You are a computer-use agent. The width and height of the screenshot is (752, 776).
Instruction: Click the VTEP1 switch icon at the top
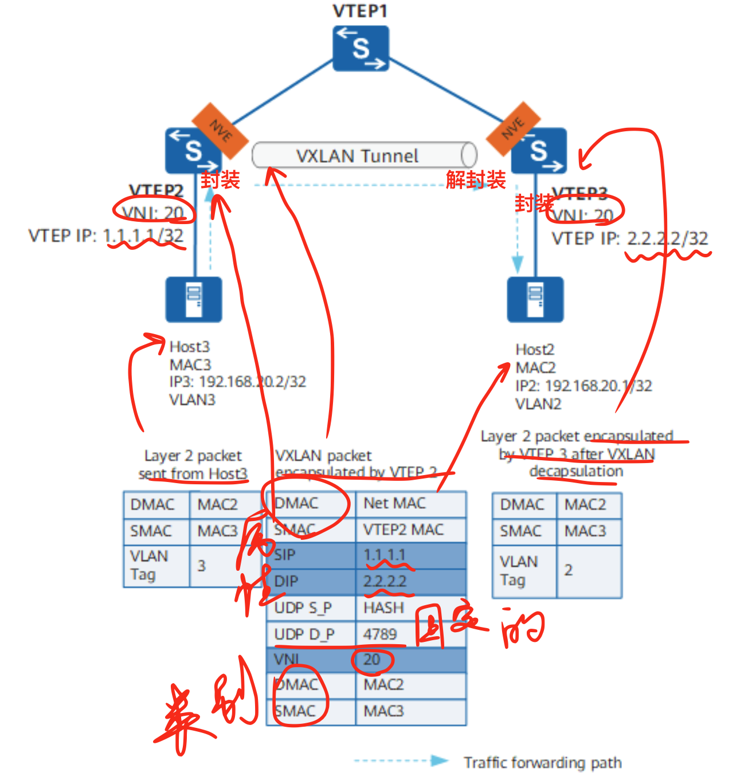click(x=361, y=48)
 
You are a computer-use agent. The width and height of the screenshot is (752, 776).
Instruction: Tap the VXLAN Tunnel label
click(x=357, y=156)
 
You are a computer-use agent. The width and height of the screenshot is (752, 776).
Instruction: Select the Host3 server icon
click(x=194, y=300)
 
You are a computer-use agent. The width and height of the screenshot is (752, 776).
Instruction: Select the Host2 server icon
click(x=535, y=300)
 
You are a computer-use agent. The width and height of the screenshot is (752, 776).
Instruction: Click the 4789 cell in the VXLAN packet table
click(x=381, y=634)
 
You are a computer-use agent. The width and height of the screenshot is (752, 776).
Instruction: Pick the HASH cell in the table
click(x=384, y=608)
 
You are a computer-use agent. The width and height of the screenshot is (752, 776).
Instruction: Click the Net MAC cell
click(x=395, y=503)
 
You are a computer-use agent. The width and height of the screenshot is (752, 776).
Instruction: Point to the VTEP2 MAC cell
click(x=404, y=530)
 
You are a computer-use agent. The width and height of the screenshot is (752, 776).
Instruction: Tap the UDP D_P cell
click(x=304, y=634)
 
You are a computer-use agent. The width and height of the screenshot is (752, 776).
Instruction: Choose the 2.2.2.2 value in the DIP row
click(x=385, y=581)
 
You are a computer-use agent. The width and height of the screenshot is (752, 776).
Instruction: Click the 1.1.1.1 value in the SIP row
click(x=385, y=555)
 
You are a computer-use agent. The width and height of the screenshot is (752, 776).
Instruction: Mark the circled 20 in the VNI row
click(x=372, y=660)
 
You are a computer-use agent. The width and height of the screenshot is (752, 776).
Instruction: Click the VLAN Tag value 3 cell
click(x=202, y=566)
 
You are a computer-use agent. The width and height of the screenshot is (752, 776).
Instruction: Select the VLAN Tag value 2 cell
click(x=569, y=570)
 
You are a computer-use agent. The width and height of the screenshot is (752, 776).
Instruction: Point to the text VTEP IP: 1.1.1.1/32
click(x=106, y=236)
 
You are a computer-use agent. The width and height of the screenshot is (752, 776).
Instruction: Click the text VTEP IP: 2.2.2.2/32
click(x=630, y=238)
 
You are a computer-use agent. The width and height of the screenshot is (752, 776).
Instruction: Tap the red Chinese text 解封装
click(x=476, y=180)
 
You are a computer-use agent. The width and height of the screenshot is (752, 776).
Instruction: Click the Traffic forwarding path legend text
click(x=543, y=763)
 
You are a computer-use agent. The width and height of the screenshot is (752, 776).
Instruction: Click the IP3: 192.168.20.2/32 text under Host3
click(x=238, y=382)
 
